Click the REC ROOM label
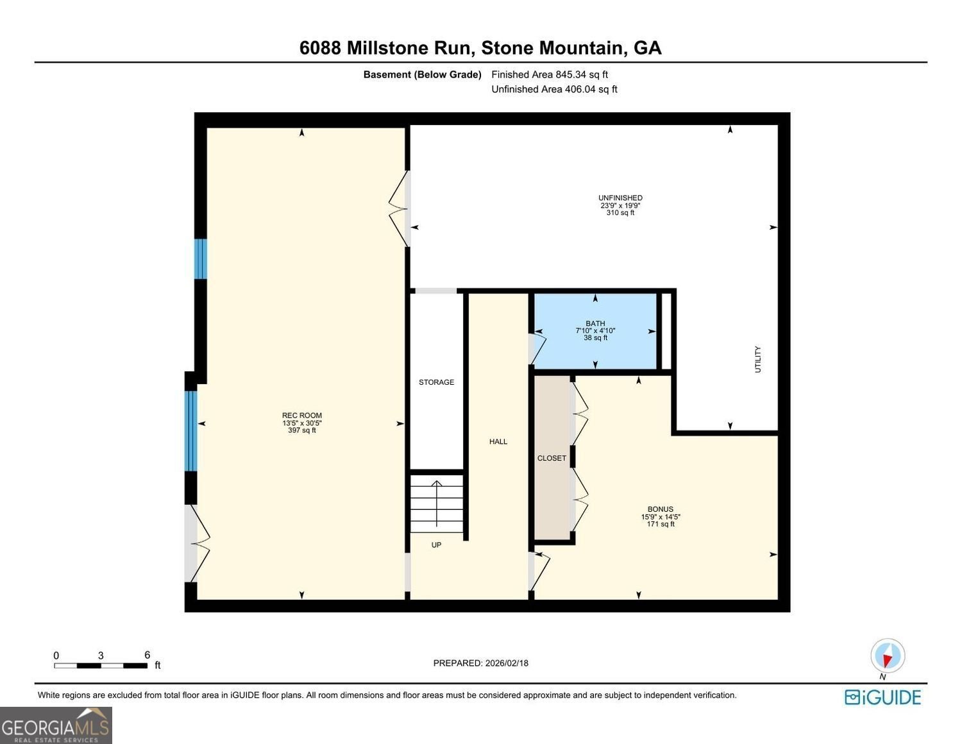point(302,416)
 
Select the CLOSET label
point(552,458)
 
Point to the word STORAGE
point(436,382)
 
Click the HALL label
point(498,441)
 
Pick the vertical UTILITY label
point(757,359)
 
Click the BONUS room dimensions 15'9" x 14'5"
point(661,516)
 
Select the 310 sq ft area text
point(620,213)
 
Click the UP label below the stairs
point(436,545)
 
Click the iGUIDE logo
point(882,697)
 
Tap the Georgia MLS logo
point(56,725)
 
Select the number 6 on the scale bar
point(147,655)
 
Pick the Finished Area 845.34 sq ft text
point(549,74)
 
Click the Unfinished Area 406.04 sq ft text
point(554,89)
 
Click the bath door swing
point(537,347)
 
